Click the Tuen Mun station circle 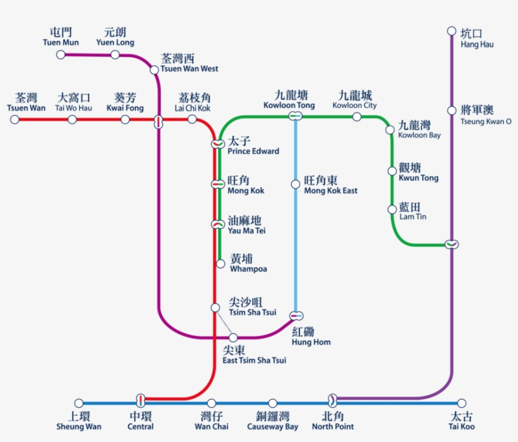[61, 55]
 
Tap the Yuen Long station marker [115, 55]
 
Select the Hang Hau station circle [452, 31]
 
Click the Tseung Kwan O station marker [452, 110]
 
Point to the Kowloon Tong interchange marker [295, 116]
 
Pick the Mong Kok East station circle [295, 184]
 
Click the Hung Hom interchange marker [296, 315]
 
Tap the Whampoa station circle [220, 263]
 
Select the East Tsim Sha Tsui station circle [233, 337]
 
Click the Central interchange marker [140, 400]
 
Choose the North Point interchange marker [333, 400]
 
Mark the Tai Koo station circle [462, 403]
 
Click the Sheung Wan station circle [79, 403]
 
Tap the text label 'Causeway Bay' [273, 427]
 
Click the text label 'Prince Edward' [253, 152]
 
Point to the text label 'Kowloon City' [354, 105]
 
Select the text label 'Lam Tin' [413, 217]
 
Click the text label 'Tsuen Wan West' [190, 69]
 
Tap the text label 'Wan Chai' [211, 427]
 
